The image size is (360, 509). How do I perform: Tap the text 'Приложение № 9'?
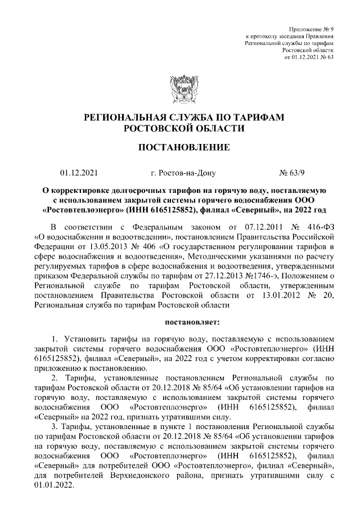311,28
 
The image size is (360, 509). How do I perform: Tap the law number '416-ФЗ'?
318,227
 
